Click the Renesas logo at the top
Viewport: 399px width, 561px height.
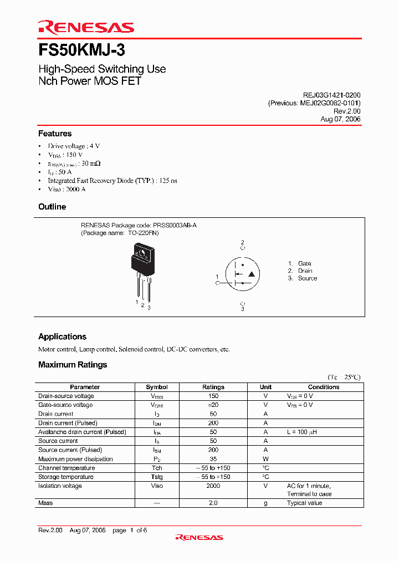pos(85,27)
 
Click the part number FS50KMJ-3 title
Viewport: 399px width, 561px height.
pos(81,50)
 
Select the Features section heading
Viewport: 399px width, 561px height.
pos(55,134)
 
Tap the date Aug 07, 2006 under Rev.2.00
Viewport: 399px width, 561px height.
pos(340,119)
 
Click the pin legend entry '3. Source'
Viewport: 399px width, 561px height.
pos(302,278)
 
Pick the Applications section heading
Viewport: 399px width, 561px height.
pos(62,336)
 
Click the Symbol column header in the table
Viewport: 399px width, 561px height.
pos(157,387)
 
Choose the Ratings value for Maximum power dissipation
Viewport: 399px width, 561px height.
pos(213,459)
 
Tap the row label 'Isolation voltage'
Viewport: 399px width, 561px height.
pos(60,486)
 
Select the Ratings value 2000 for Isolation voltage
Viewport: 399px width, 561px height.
pos(213,486)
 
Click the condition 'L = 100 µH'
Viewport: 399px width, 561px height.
pos(301,432)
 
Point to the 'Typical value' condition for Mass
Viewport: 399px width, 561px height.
pos(304,503)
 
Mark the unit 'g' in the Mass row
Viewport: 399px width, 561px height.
pos(265,503)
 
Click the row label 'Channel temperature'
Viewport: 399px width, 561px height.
pos(66,468)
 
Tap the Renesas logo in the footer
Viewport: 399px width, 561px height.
pos(199,537)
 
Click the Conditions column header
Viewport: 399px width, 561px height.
pos(324,387)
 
